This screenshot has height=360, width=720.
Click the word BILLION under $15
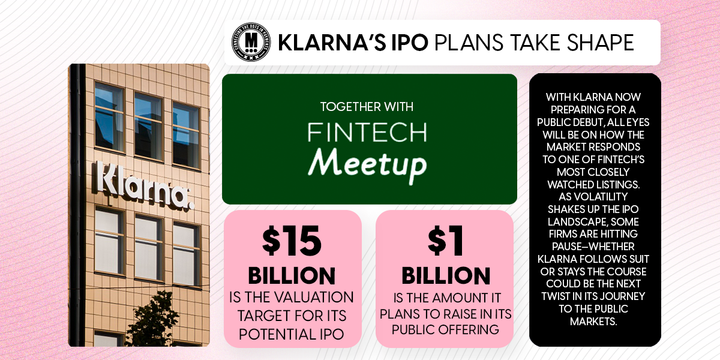[293, 275]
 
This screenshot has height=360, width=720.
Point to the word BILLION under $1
[444, 275]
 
